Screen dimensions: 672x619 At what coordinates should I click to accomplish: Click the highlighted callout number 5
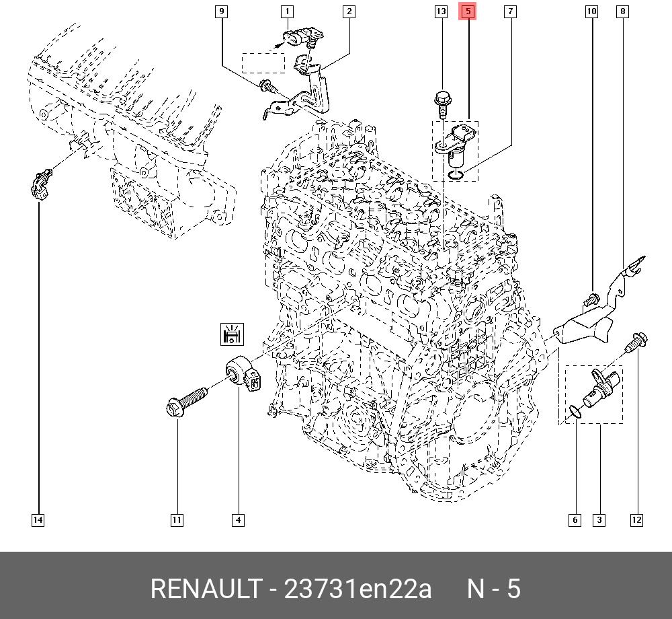(x=468, y=11)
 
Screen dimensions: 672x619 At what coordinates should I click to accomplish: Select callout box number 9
(x=221, y=11)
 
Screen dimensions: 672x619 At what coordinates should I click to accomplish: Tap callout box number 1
(x=287, y=11)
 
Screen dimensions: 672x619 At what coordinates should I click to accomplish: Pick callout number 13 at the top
(x=441, y=11)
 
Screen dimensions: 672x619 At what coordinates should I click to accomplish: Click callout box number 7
(x=510, y=11)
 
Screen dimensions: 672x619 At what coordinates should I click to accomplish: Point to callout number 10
(x=591, y=11)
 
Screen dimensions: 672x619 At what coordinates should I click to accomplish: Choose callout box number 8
(x=622, y=11)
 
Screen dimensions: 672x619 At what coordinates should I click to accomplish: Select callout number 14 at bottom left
(x=38, y=520)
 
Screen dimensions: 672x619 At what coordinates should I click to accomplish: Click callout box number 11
(x=177, y=520)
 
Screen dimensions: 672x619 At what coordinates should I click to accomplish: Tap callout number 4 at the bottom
(x=239, y=520)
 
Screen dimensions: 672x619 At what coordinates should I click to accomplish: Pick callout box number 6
(x=575, y=520)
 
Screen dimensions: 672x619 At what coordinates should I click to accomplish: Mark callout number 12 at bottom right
(x=636, y=520)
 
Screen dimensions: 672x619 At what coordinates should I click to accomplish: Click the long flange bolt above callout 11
(x=187, y=401)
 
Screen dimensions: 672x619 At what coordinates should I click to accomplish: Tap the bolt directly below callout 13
(x=442, y=104)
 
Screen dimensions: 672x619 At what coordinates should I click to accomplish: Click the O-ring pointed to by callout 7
(x=455, y=174)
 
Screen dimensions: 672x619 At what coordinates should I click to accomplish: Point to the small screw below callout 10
(x=590, y=299)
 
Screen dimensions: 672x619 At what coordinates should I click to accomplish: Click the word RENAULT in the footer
(x=206, y=589)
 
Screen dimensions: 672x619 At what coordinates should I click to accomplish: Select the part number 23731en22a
(x=358, y=589)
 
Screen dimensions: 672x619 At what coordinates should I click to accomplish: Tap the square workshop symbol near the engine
(x=232, y=334)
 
